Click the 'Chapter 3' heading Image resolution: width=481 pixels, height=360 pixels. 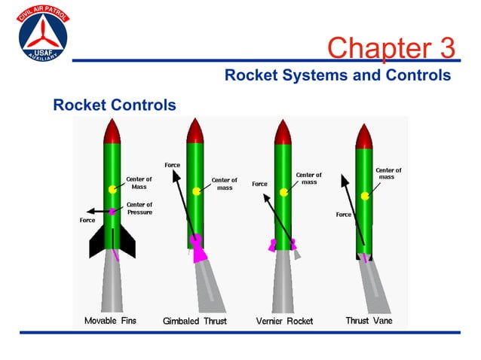391,47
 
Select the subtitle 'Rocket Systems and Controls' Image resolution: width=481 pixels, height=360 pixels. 338,75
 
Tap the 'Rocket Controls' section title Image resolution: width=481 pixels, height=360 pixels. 114,105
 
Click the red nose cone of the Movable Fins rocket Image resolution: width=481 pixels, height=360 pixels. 112,132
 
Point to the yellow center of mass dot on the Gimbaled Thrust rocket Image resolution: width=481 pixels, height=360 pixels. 196,191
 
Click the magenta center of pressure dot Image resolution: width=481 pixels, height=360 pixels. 112,212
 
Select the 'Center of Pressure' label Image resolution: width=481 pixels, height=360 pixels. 139,209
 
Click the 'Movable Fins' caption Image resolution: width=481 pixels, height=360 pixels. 110,320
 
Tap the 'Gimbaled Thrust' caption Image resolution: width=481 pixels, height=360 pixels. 195,321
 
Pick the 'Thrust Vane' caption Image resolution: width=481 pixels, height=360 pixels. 369,320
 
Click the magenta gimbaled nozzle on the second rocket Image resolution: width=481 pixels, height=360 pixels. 198,249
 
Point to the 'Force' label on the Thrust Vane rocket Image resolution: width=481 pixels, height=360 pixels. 344,215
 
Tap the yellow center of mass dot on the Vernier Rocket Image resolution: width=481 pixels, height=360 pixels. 283,192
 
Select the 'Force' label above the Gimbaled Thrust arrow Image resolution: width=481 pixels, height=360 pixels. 172,165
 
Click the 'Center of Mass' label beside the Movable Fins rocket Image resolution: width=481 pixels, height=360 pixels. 139,183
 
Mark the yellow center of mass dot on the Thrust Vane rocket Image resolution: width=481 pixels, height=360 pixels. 365,196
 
